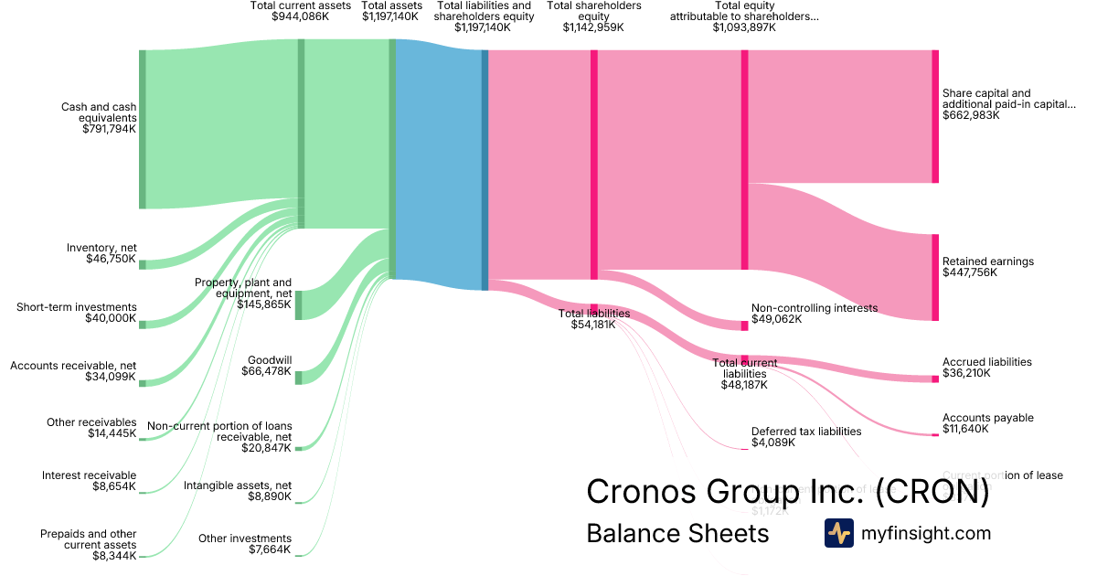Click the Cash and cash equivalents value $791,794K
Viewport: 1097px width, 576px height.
(x=109, y=130)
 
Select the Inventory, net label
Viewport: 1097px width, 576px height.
(x=101, y=248)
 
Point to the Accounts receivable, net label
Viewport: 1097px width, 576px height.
(x=73, y=366)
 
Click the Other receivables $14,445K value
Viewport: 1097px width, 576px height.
(x=112, y=433)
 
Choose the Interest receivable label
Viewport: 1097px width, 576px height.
(x=90, y=475)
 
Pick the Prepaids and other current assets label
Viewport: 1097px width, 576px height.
(x=89, y=539)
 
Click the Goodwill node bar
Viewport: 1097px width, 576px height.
(x=298, y=377)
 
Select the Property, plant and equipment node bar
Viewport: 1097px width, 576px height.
(x=298, y=304)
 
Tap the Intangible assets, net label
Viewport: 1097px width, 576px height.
(x=238, y=485)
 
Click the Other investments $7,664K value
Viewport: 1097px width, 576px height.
(x=270, y=549)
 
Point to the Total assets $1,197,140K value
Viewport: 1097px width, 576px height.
(x=391, y=16)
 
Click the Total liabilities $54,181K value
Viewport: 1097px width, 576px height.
(x=594, y=325)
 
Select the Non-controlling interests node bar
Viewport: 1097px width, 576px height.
(x=744, y=325)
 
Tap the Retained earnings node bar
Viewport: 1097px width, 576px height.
(x=935, y=277)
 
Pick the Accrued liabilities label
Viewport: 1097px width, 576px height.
(x=987, y=362)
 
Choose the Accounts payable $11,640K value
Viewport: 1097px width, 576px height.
(x=965, y=429)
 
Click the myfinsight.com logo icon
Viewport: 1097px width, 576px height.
(x=838, y=533)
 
